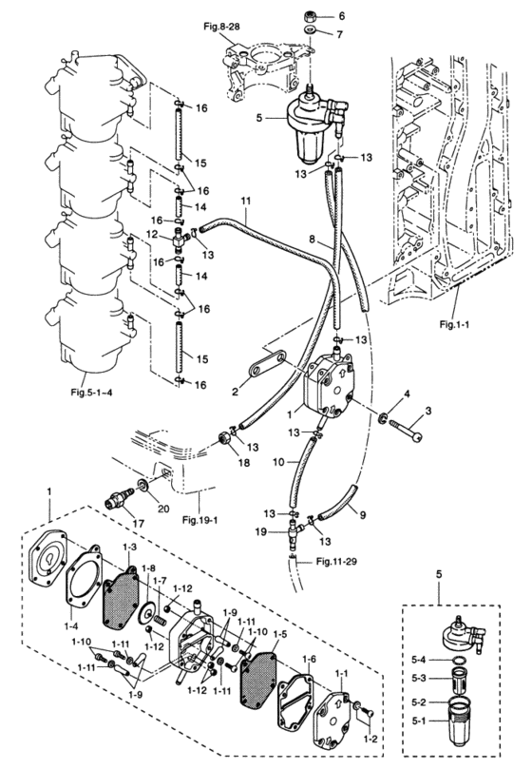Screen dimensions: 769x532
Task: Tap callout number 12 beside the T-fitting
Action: (x=152, y=235)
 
